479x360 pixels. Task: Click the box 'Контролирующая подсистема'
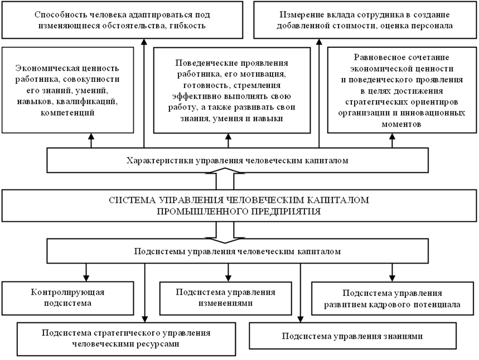pyautogui.click(x=69, y=298)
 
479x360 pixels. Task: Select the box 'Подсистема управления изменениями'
pyautogui.click(x=226, y=298)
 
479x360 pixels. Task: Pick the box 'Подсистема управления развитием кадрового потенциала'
pyautogui.click(x=393, y=299)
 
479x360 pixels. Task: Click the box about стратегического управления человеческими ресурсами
pyautogui.click(x=125, y=338)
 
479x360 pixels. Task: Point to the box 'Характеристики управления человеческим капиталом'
pyautogui.click(x=238, y=161)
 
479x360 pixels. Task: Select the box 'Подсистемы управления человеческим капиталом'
pyautogui.click(x=238, y=251)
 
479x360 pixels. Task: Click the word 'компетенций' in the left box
pyautogui.click(x=67, y=113)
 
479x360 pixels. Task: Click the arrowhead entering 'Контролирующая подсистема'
pyautogui.click(x=86, y=278)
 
